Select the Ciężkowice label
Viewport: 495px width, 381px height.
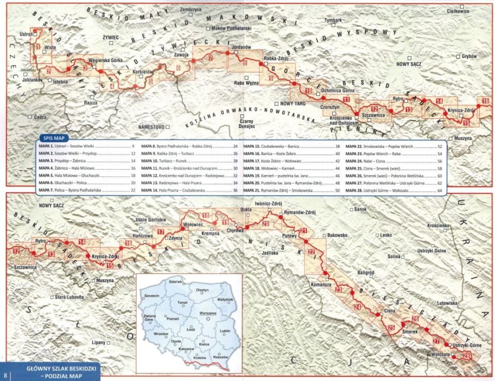point(457,11)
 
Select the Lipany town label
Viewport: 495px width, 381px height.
point(100,343)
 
